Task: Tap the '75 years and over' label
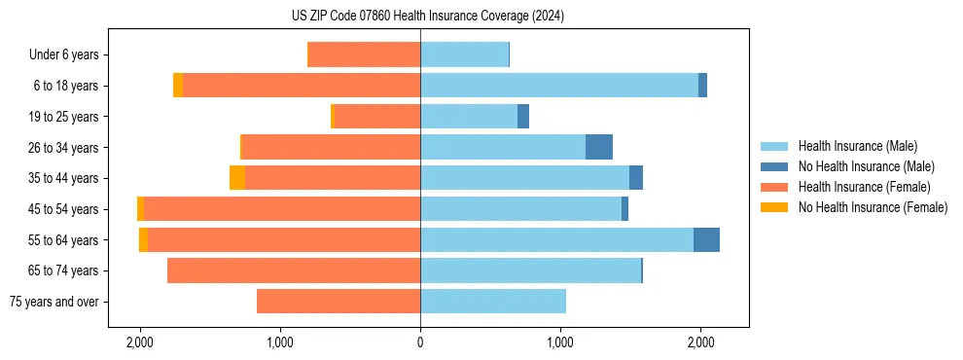(x=53, y=302)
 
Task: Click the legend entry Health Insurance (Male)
(x=857, y=146)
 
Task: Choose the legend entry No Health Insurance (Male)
(x=866, y=166)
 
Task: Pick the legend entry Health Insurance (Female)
(x=864, y=187)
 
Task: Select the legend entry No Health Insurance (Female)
(x=873, y=207)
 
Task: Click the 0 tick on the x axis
(x=420, y=342)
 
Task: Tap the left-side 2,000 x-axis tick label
(x=140, y=342)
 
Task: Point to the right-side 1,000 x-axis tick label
(x=560, y=342)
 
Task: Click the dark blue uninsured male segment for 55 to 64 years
(x=706, y=239)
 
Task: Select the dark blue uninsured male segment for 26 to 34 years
(x=599, y=147)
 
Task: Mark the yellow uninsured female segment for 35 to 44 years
(x=236, y=178)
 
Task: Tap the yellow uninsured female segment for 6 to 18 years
(x=178, y=86)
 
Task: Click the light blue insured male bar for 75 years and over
(x=493, y=302)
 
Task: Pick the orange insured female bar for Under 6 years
(x=364, y=54)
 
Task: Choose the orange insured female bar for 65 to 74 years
(x=294, y=270)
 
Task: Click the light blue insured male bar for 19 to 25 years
(x=469, y=117)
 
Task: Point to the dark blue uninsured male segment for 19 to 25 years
(x=523, y=117)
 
